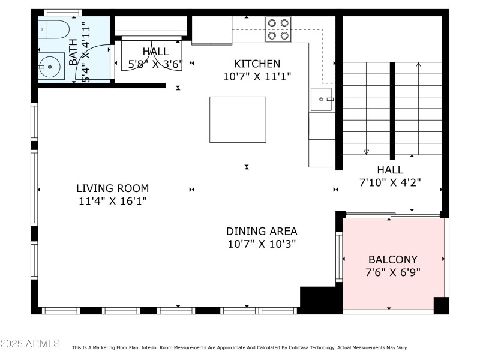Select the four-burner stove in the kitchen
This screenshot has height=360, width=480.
click(x=278, y=29)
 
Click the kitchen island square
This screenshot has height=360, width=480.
click(x=238, y=119)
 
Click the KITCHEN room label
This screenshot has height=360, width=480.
click(x=257, y=64)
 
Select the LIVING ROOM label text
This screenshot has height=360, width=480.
click(x=112, y=188)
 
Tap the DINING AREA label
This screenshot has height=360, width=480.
click(x=262, y=231)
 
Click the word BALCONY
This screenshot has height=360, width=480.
click(x=392, y=260)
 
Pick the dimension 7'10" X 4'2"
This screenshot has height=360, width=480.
click(x=390, y=183)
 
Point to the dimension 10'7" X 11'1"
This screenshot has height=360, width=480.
click(x=257, y=76)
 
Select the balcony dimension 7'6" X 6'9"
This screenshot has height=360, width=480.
click(x=392, y=272)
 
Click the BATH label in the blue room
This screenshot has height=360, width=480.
click(x=73, y=52)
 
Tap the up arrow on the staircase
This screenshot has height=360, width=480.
click(x=419, y=65)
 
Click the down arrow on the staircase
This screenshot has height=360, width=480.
click(x=366, y=151)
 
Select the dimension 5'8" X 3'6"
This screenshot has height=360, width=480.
click(x=155, y=64)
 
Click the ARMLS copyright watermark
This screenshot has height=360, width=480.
click(x=30, y=344)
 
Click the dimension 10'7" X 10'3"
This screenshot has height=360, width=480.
click(x=262, y=244)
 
